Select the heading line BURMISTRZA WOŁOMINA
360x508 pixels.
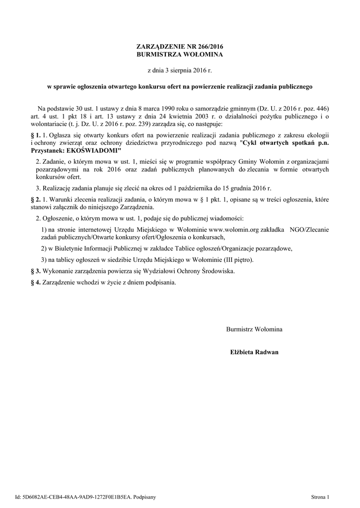click(180, 54)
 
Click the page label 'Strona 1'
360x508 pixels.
click(320, 496)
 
